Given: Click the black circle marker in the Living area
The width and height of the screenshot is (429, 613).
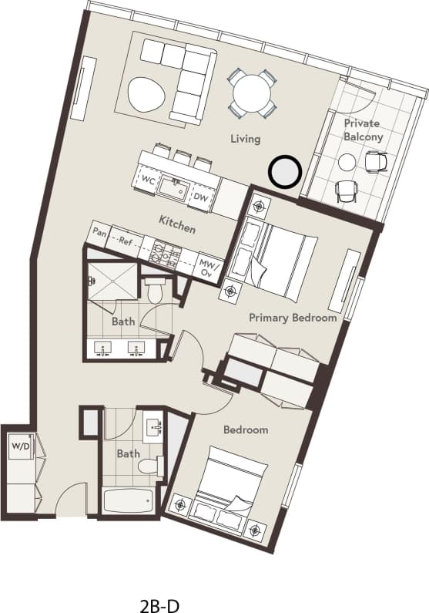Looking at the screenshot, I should (x=284, y=171).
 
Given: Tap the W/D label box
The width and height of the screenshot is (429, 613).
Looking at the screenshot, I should (x=18, y=446).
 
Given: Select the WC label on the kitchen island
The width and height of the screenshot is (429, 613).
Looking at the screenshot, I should (x=148, y=180).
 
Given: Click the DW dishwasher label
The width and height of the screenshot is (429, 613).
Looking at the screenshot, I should (x=200, y=197).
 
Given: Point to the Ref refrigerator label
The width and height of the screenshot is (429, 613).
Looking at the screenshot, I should (x=126, y=241).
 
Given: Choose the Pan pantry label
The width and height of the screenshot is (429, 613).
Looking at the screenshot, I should (x=99, y=231).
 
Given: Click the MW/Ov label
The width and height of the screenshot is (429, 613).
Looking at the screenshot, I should (x=207, y=267).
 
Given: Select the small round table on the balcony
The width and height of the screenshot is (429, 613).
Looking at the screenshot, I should (x=347, y=162).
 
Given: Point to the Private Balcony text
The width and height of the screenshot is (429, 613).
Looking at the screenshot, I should (x=363, y=130).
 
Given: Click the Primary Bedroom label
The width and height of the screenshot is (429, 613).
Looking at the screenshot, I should (x=293, y=317).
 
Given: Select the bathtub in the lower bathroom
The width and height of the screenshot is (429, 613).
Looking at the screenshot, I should (x=129, y=503).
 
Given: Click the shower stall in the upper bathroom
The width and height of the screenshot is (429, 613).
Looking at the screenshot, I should (x=111, y=281).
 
